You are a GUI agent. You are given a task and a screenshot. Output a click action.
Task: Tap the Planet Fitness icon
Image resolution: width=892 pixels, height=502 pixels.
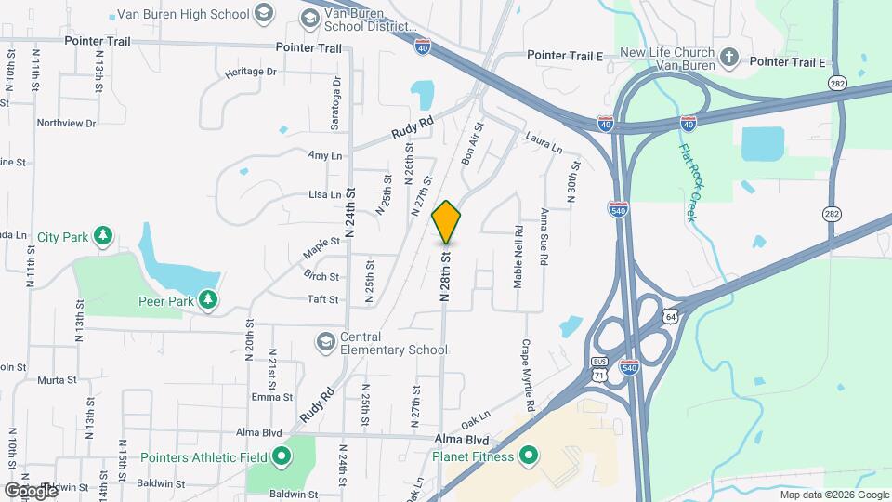click(x=529, y=456)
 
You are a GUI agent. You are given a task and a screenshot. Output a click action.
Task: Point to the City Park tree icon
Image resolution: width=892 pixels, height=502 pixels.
click(x=103, y=236)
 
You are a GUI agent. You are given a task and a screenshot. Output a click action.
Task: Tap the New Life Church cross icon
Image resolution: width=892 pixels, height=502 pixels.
click(x=730, y=59)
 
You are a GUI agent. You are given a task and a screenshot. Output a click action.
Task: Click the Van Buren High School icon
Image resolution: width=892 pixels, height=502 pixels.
click(x=264, y=14)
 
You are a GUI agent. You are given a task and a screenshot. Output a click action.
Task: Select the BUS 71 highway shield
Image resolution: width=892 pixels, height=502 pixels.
click(x=599, y=367)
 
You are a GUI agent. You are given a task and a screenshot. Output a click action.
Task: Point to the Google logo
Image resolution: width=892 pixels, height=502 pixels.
click(x=31, y=489)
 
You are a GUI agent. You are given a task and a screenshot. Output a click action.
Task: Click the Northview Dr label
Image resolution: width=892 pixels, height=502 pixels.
click(x=66, y=123)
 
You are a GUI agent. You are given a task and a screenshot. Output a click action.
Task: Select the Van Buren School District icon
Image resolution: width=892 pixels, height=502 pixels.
click(x=309, y=18)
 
